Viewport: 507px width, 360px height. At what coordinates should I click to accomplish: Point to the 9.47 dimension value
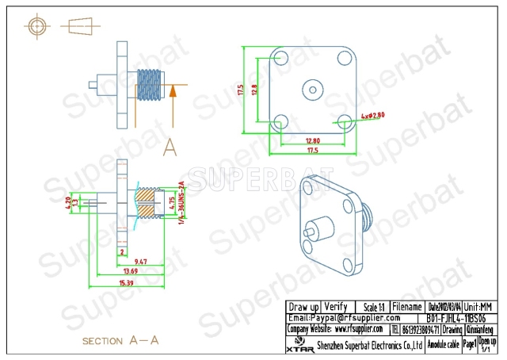(140, 261)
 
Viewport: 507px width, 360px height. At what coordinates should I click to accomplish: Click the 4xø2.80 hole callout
(372, 115)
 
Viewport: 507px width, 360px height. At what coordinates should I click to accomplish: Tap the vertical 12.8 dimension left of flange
(253, 90)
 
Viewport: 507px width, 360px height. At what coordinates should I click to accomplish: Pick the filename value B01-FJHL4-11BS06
(462, 317)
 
